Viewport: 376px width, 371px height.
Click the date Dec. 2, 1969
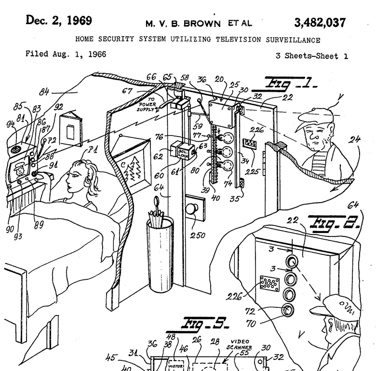click(x=59, y=21)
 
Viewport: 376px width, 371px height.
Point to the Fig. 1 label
click(x=288, y=85)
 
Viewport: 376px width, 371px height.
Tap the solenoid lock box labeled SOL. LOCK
click(x=181, y=151)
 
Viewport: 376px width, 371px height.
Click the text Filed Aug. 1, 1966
click(x=66, y=55)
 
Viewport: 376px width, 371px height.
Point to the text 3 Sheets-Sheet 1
click(x=311, y=56)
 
